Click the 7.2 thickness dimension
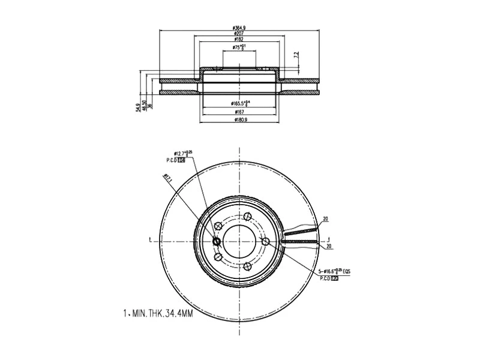295,55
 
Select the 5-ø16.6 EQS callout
334,272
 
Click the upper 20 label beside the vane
325,220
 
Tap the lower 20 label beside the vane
329,247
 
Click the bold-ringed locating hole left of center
217,241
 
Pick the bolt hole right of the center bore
266,241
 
